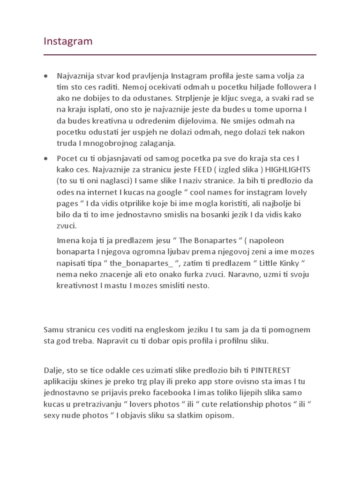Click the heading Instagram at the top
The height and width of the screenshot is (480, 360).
tap(68, 41)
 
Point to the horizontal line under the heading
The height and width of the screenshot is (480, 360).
tap(180, 55)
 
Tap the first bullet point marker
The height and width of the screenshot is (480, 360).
tap(46, 76)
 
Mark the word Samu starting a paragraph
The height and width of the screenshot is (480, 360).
tap(54, 330)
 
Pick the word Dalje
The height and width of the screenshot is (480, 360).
tap(53, 370)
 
